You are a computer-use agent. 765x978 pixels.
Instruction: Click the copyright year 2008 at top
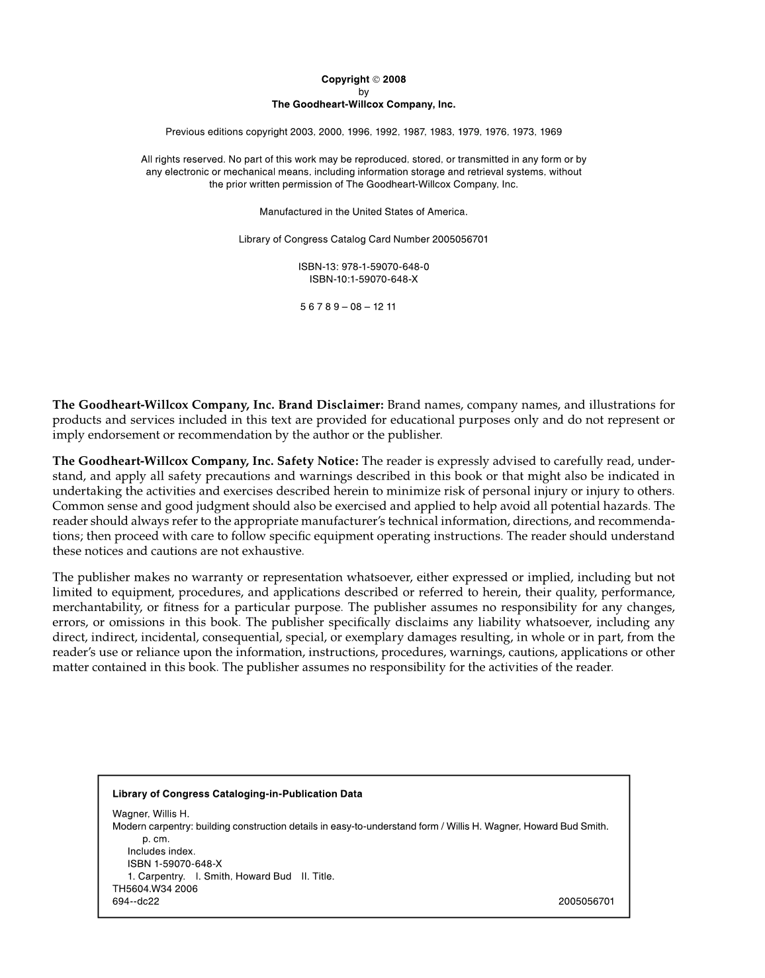point(394,79)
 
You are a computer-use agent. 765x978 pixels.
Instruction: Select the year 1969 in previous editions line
point(551,132)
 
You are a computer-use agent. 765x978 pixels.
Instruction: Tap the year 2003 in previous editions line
point(300,132)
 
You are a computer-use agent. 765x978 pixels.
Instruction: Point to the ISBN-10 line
point(363,279)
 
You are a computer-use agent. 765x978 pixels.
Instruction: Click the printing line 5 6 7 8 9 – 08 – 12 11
point(347,307)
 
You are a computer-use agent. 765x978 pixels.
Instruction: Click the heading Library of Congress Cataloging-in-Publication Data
point(237,794)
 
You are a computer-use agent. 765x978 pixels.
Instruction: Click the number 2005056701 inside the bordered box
point(586,901)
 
